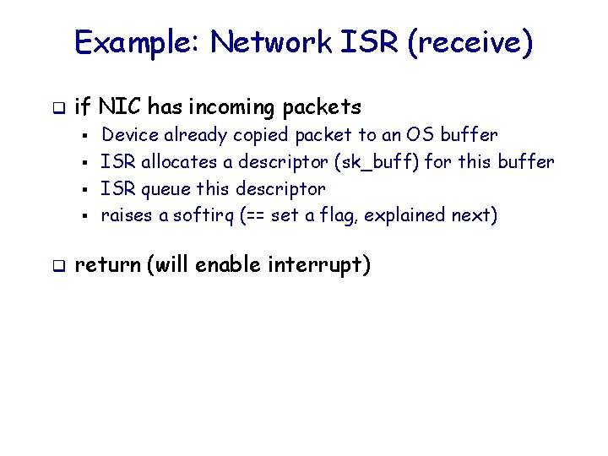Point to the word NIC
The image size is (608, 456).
click(x=118, y=107)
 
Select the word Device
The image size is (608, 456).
click(x=129, y=134)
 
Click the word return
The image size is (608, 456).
click(x=107, y=266)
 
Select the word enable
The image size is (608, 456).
click(x=231, y=266)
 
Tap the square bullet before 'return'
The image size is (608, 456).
click(x=57, y=267)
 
